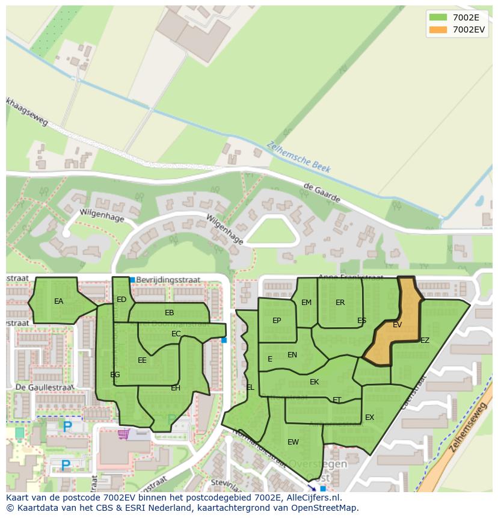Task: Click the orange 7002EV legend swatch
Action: click(x=438, y=29)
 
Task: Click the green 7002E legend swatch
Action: click(x=438, y=17)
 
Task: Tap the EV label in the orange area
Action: click(x=397, y=325)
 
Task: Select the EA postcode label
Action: click(x=58, y=301)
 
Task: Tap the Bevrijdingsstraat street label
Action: click(x=168, y=280)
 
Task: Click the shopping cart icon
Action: click(x=124, y=434)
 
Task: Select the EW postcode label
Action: click(x=293, y=442)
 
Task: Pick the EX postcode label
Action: click(x=369, y=418)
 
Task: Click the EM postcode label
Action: click(x=307, y=303)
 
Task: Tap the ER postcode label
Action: click(x=340, y=303)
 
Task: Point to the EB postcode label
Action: click(x=170, y=313)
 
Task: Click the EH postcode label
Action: click(x=176, y=388)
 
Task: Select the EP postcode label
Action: click(x=277, y=321)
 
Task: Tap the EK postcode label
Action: click(x=314, y=382)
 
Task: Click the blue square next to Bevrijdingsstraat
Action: click(x=132, y=280)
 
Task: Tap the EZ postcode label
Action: click(x=425, y=341)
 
